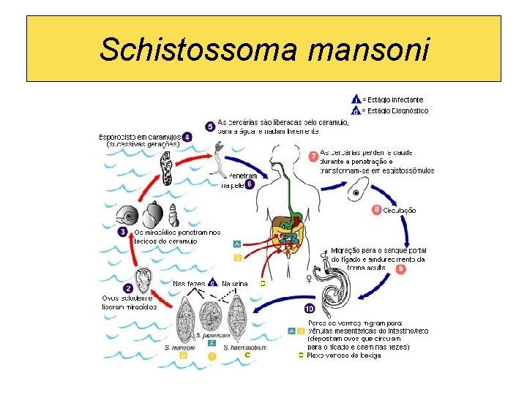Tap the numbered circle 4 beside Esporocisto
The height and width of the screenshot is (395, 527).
[188, 137]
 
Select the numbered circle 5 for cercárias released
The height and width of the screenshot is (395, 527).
[211, 127]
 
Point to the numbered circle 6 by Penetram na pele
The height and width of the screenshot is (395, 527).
[250, 184]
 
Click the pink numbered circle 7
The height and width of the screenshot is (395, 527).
[313, 156]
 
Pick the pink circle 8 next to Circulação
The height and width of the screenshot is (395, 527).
[376, 210]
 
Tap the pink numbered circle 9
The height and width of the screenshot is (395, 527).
[402, 269]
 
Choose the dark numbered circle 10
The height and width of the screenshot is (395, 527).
[310, 308]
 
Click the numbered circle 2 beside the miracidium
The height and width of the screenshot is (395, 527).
[128, 289]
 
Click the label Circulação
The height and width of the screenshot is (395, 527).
[399, 210]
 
